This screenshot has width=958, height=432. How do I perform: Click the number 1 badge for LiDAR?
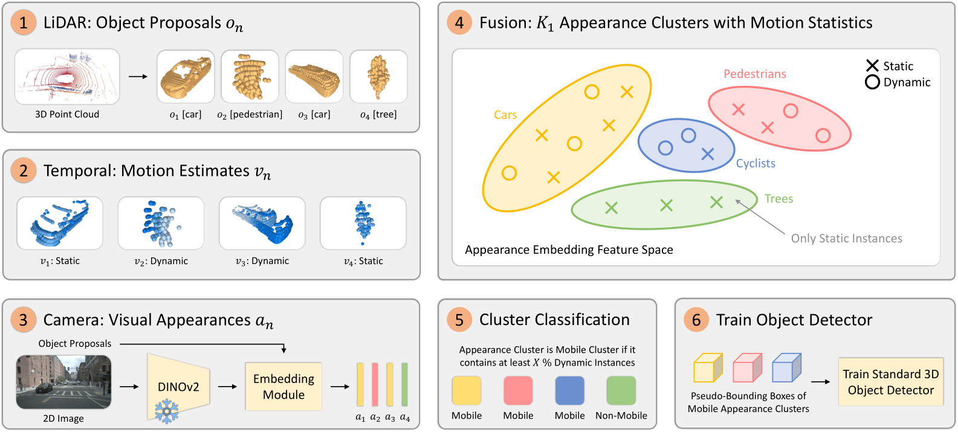click(23, 23)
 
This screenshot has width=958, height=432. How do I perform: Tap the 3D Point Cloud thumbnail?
click(67, 77)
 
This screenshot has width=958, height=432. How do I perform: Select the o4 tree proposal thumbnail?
click(378, 77)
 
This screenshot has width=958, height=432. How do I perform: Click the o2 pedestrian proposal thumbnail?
click(250, 77)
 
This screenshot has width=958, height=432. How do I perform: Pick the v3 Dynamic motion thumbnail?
click(262, 223)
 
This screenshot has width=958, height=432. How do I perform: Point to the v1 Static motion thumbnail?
click(60, 223)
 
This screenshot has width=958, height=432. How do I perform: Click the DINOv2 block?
click(178, 387)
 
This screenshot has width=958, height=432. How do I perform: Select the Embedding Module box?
click(283, 387)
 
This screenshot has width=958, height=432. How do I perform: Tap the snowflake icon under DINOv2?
click(166, 411)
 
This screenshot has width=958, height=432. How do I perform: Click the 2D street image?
click(63, 382)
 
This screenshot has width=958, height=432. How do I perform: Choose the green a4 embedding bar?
click(404, 384)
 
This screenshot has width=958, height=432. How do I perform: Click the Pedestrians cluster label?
click(755, 74)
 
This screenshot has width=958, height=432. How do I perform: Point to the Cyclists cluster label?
click(756, 163)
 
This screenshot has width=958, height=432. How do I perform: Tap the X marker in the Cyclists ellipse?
click(708, 154)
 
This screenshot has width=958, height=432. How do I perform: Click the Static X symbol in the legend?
click(872, 66)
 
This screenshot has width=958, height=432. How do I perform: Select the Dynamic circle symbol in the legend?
click(872, 82)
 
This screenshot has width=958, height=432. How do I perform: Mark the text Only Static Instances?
click(846, 239)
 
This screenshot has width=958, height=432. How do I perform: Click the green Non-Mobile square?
click(621, 390)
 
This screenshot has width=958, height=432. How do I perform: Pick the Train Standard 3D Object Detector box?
click(890, 382)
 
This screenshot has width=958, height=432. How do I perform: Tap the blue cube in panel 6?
click(786, 368)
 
